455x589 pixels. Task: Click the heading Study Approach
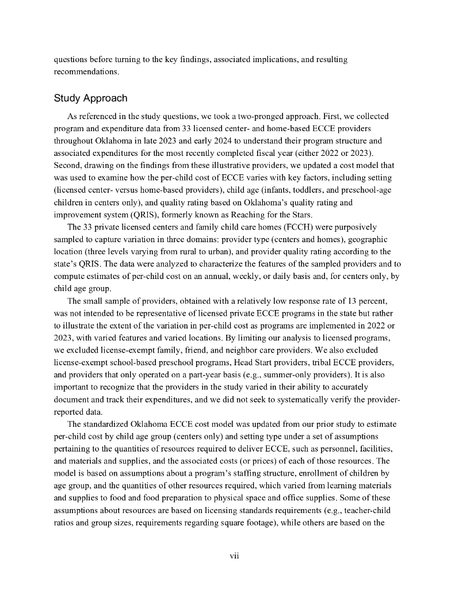coord(90,98)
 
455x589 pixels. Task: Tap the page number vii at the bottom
coord(234,556)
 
